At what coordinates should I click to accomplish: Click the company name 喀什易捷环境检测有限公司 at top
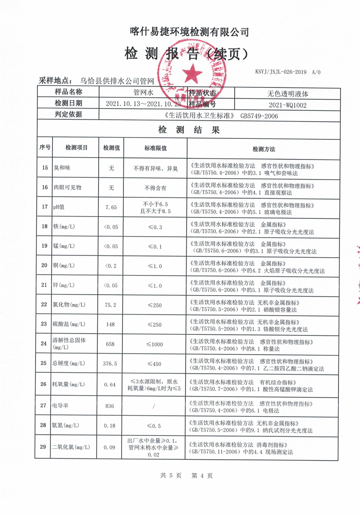(x=189, y=32)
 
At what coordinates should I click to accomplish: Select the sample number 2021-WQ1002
(x=288, y=105)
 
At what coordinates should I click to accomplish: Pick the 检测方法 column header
(x=264, y=149)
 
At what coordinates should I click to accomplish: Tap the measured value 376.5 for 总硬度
(x=111, y=363)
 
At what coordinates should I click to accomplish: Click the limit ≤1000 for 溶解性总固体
(x=154, y=344)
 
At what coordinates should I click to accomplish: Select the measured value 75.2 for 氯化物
(x=111, y=305)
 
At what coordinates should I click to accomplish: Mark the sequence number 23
(x=44, y=324)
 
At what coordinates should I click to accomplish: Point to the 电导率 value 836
(x=110, y=406)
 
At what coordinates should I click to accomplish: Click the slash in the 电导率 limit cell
(x=154, y=406)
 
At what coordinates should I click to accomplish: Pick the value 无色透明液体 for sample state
(x=288, y=93)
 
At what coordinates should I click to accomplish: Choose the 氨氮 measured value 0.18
(x=111, y=426)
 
